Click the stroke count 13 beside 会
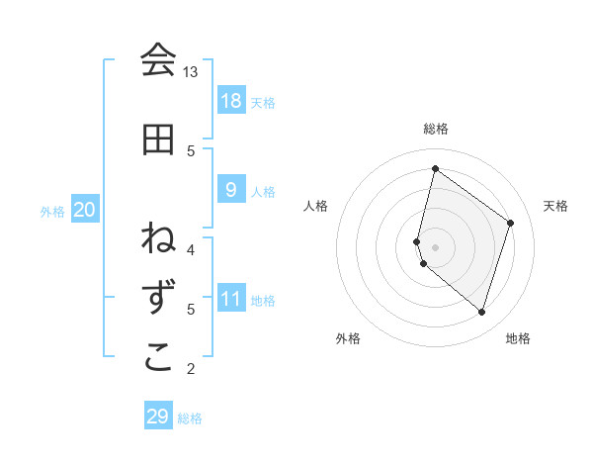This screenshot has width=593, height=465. pyautogui.click(x=191, y=72)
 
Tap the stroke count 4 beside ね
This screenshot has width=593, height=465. pyautogui.click(x=191, y=249)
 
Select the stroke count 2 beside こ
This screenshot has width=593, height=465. pyautogui.click(x=191, y=369)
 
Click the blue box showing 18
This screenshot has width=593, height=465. pyautogui.click(x=230, y=100)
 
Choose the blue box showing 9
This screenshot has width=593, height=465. pyautogui.click(x=230, y=190)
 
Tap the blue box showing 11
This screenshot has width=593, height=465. pyautogui.click(x=230, y=299)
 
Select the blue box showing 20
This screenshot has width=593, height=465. pyautogui.click(x=85, y=210)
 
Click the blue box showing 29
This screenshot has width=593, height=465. pyautogui.click(x=158, y=417)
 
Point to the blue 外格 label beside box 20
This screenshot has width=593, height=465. pyautogui.click(x=52, y=211)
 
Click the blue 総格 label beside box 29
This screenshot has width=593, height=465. pyautogui.click(x=191, y=418)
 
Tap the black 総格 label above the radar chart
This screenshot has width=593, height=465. pyautogui.click(x=436, y=129)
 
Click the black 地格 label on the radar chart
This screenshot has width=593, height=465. pyautogui.click(x=518, y=338)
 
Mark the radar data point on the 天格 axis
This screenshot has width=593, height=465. pyautogui.click(x=511, y=223)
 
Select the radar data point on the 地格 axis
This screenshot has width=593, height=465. pyautogui.click(x=481, y=313)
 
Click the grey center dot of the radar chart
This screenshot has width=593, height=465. pyautogui.click(x=436, y=246)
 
